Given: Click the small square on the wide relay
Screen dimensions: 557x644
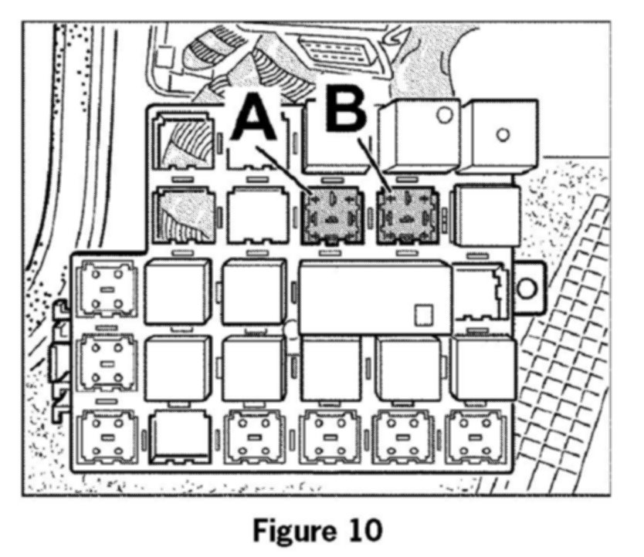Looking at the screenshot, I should [x=422, y=313].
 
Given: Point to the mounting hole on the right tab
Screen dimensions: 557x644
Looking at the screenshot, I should [x=527, y=289].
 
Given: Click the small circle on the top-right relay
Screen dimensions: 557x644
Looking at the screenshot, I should [x=503, y=135].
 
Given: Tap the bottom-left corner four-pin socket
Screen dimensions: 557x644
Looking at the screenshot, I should [x=108, y=436].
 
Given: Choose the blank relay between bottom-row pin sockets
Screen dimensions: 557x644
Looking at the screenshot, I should [x=180, y=436].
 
